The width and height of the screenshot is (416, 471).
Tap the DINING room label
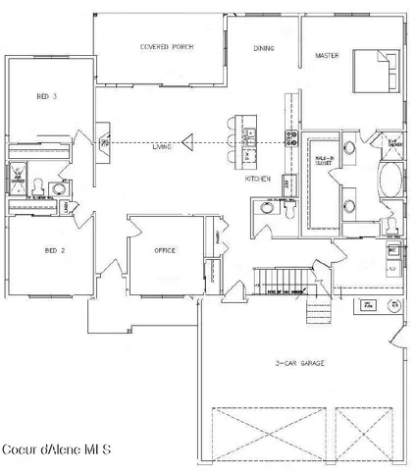click(x=263, y=48)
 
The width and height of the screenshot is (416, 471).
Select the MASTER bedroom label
click(x=327, y=56)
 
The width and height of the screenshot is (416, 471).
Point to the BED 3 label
click(x=47, y=96)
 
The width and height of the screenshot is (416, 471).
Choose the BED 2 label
click(x=53, y=251)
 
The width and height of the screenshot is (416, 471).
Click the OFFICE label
click(x=165, y=251)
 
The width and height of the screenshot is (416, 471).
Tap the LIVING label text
click(x=162, y=146)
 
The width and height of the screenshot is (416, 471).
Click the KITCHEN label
click(x=257, y=180)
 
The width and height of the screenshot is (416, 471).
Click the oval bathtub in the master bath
click(x=390, y=180)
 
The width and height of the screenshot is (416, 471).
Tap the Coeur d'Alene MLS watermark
click(x=57, y=449)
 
